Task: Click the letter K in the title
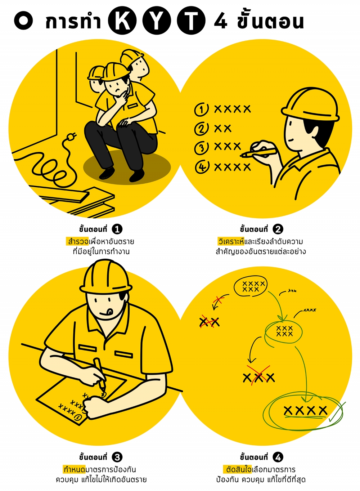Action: point(122,21)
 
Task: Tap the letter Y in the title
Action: point(157,21)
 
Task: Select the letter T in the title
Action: point(191,21)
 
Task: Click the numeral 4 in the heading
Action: point(221,21)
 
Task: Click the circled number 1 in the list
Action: point(201,110)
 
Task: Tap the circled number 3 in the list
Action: point(201,148)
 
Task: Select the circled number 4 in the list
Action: point(202,167)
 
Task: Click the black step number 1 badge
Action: point(117,229)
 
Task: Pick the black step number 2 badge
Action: point(278,229)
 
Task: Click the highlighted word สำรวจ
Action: point(78,241)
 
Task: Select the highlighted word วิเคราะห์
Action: point(231,241)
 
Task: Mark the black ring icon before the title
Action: point(23,21)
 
